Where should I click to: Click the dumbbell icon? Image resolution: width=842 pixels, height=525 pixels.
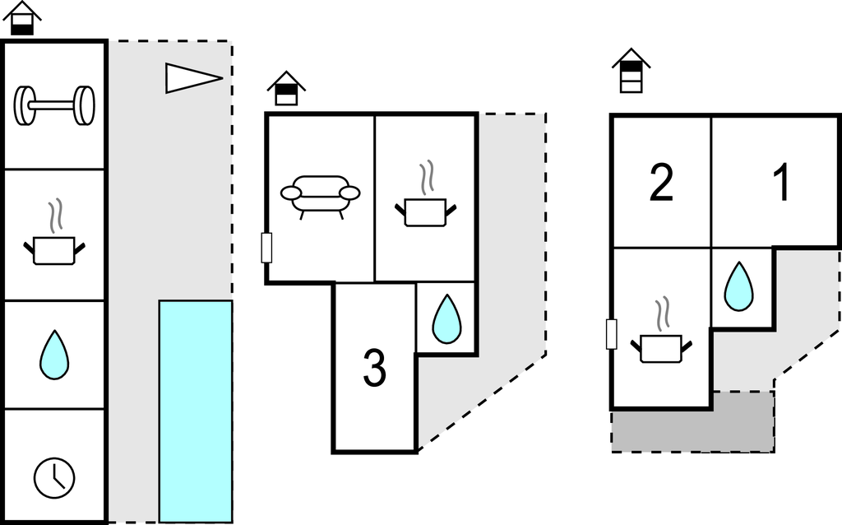tap(54, 105)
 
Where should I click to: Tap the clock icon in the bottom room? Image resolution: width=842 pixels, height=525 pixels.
tap(54, 476)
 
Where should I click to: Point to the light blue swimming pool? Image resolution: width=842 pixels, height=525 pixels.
tap(195, 411)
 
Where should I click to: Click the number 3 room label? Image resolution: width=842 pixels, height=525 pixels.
tap(374, 369)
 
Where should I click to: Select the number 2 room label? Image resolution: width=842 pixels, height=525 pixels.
tap(661, 183)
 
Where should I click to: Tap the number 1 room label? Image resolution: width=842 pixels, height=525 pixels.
tap(781, 183)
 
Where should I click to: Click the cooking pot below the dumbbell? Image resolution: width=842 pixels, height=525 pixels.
tap(54, 243)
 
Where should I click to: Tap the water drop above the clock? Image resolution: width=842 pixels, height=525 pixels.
tap(54, 355)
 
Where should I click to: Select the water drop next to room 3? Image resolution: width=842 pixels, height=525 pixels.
tap(446, 318)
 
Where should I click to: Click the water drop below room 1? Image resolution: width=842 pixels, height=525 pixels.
tap(738, 287)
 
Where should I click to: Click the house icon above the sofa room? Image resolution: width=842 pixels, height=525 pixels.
tap(286, 89)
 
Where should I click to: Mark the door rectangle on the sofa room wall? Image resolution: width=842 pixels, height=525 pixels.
tap(266, 248)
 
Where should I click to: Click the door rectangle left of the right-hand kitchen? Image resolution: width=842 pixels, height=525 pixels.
tap(611, 334)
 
